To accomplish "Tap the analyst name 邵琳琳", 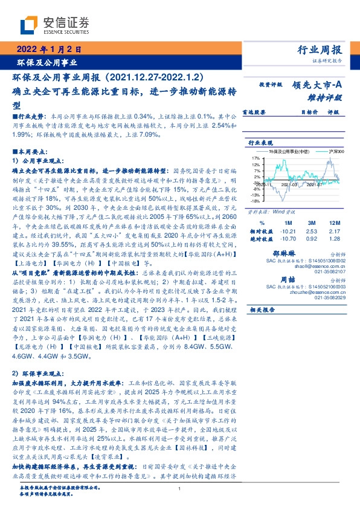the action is coord(298,255).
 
